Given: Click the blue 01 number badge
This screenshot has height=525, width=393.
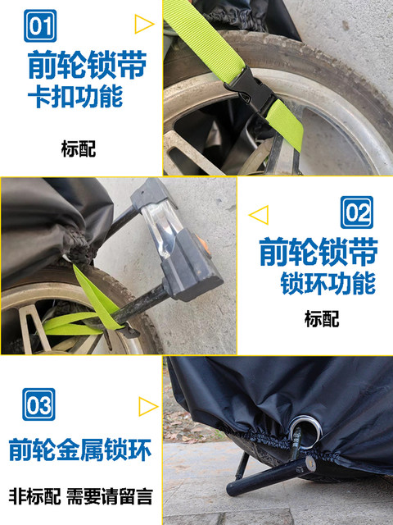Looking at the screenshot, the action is (40, 25).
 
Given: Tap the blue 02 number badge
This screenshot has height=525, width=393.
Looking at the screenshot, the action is (357, 212).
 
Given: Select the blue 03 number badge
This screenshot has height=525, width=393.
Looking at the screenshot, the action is (38, 404).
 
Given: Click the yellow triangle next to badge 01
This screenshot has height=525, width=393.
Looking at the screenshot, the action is (144, 24).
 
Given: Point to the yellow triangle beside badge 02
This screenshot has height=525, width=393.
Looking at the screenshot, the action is (259, 215).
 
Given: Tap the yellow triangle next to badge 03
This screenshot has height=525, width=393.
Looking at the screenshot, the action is (148, 407).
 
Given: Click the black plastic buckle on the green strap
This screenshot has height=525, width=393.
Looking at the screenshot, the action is (251, 90).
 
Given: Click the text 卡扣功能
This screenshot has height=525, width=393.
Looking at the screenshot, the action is (75, 97).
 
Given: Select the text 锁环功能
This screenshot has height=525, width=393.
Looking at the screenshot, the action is (327, 283).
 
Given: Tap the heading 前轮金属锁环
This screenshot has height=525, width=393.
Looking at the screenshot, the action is (80, 450).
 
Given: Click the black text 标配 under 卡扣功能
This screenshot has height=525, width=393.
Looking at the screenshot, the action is (79, 149).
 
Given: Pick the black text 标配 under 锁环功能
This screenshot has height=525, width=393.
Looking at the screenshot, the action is (322, 319).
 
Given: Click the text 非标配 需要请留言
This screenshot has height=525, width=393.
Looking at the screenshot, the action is (81, 496).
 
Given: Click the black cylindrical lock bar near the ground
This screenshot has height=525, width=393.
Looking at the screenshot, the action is (271, 476).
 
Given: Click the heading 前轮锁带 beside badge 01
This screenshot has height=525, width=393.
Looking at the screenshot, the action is (88, 65).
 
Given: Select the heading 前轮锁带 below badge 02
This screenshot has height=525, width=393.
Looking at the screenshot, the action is (318, 252).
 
